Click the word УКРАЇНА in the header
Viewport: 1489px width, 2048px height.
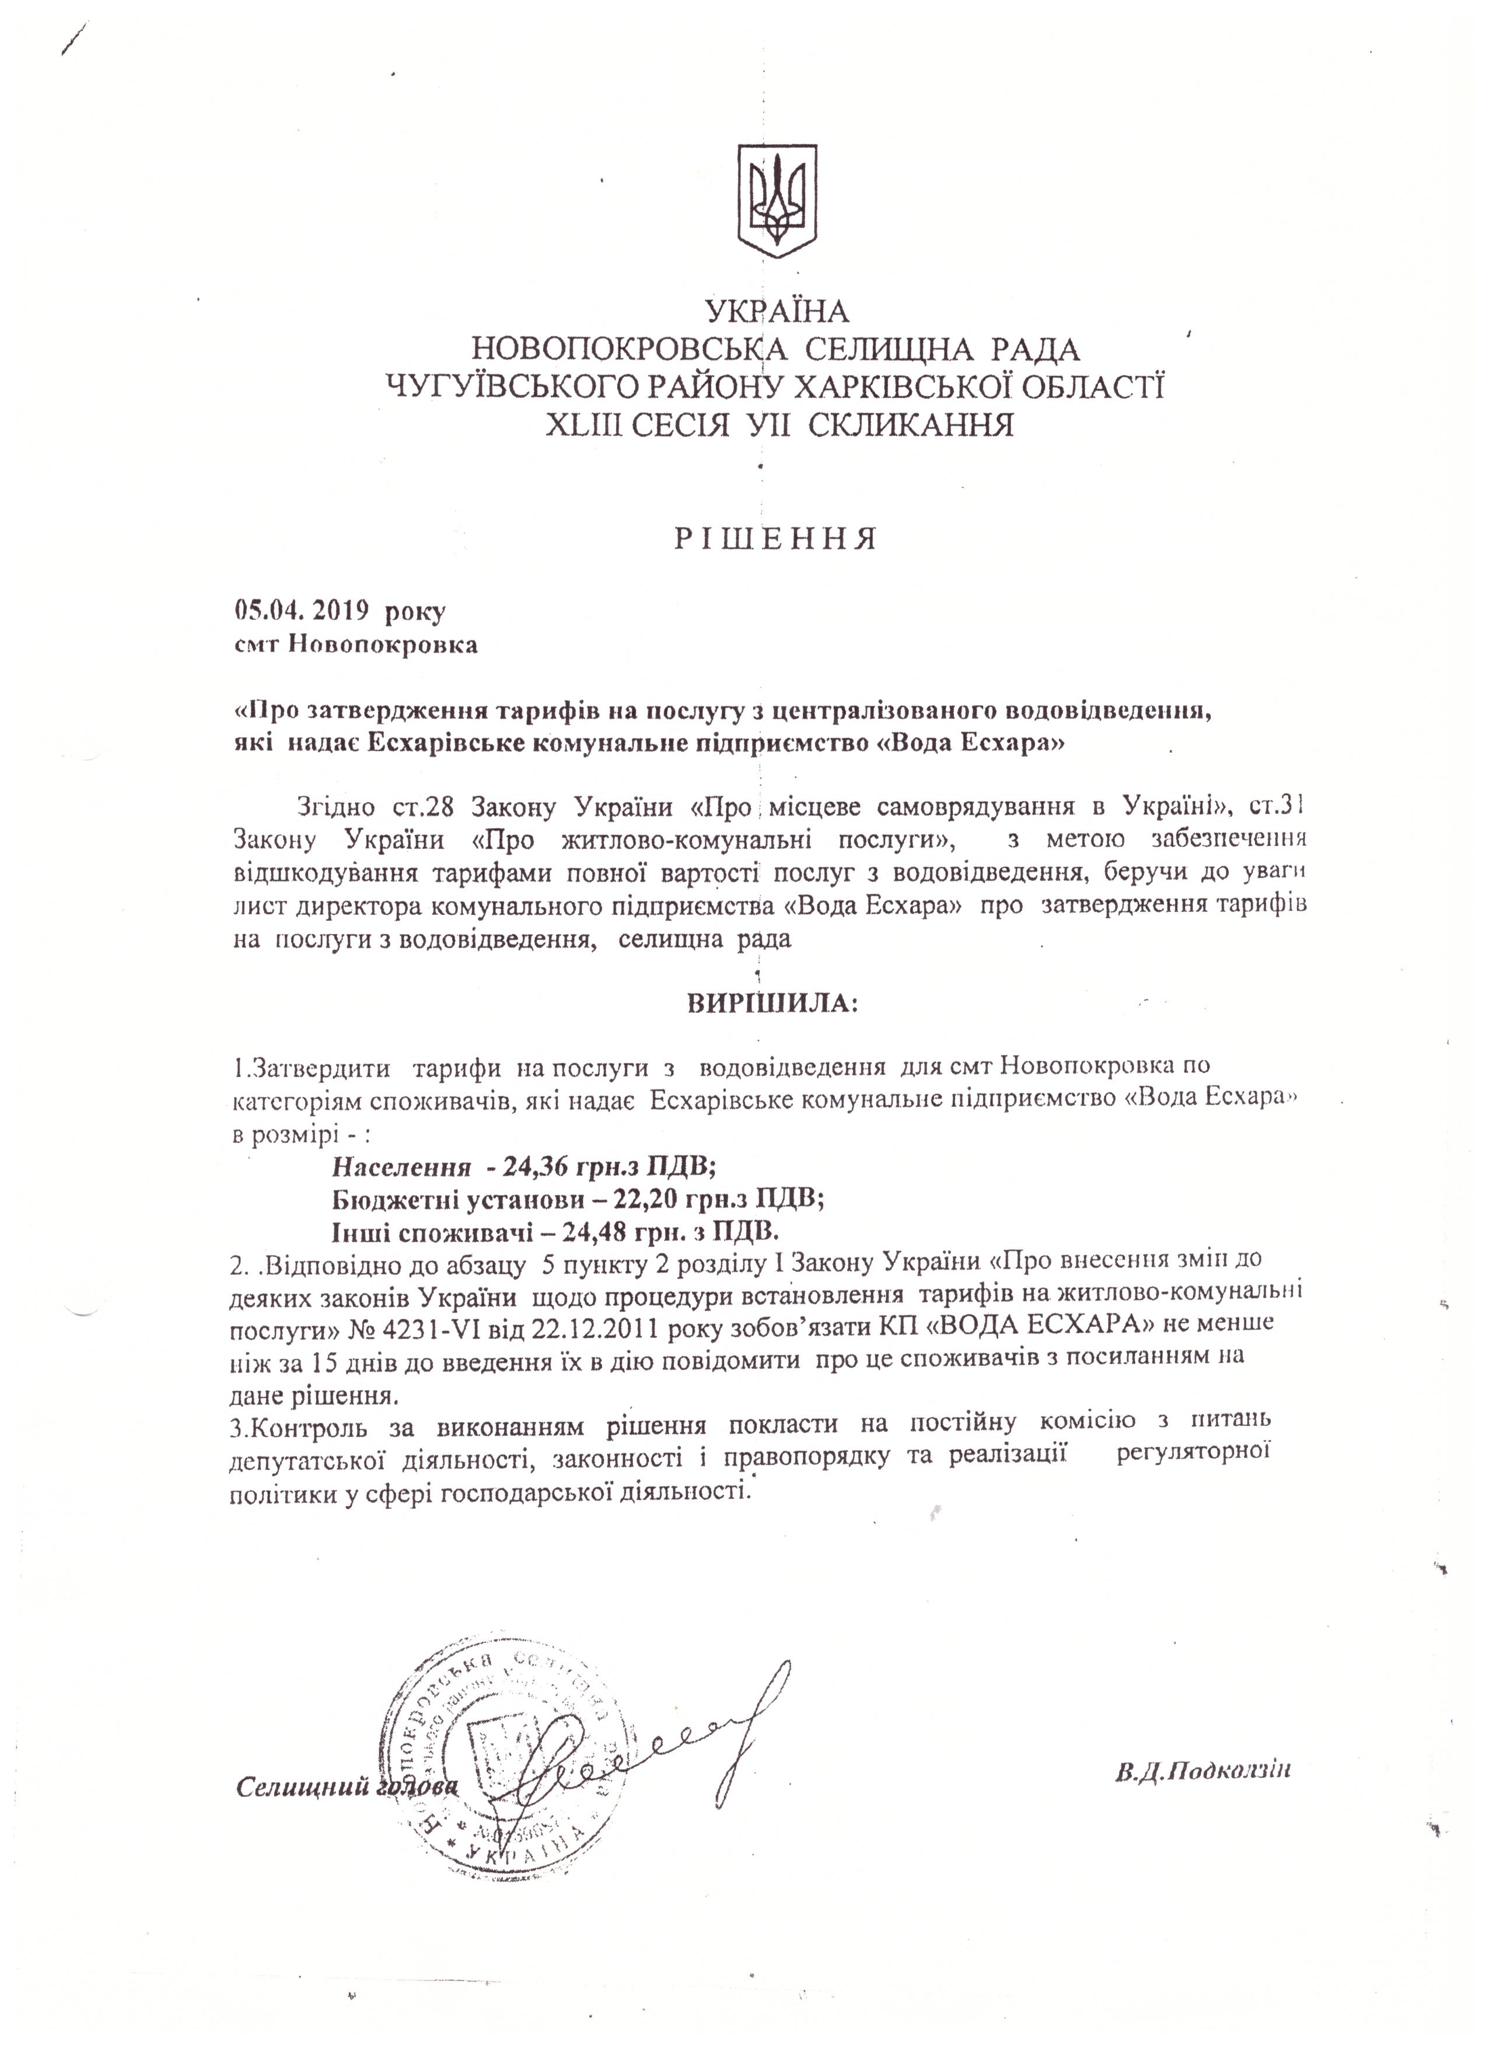(x=777, y=312)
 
